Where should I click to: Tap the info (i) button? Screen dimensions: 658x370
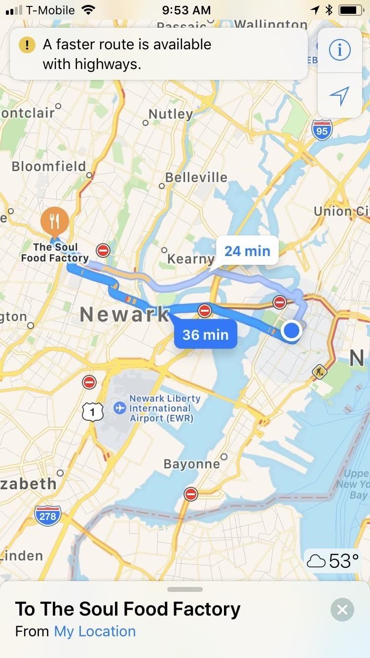tap(339, 50)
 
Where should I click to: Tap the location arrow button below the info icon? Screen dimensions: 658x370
tap(339, 95)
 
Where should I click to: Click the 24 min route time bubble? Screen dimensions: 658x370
tap(247, 251)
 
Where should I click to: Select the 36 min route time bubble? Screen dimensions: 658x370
tap(205, 335)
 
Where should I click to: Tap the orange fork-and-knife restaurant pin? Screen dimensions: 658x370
tap(55, 220)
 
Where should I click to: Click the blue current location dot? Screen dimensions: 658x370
tap(292, 330)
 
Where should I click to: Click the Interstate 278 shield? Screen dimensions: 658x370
tap(48, 516)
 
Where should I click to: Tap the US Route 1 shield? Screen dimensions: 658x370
tap(92, 411)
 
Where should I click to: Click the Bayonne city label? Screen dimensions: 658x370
tap(191, 464)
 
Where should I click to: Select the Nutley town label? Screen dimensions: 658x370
tap(170, 114)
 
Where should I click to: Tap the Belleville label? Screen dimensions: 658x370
tap(196, 178)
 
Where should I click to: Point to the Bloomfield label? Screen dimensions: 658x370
tap(49, 166)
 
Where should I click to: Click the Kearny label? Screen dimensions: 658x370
tap(190, 258)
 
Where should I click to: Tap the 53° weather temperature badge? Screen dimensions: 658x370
tap(333, 561)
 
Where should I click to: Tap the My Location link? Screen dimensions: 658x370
tap(95, 631)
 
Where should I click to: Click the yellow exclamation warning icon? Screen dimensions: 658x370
tap(27, 45)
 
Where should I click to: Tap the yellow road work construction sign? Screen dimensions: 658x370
tap(320, 371)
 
